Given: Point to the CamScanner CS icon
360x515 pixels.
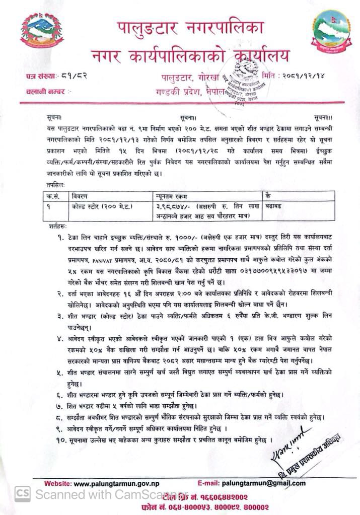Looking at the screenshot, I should pyautogui.click(x=21, y=494).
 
